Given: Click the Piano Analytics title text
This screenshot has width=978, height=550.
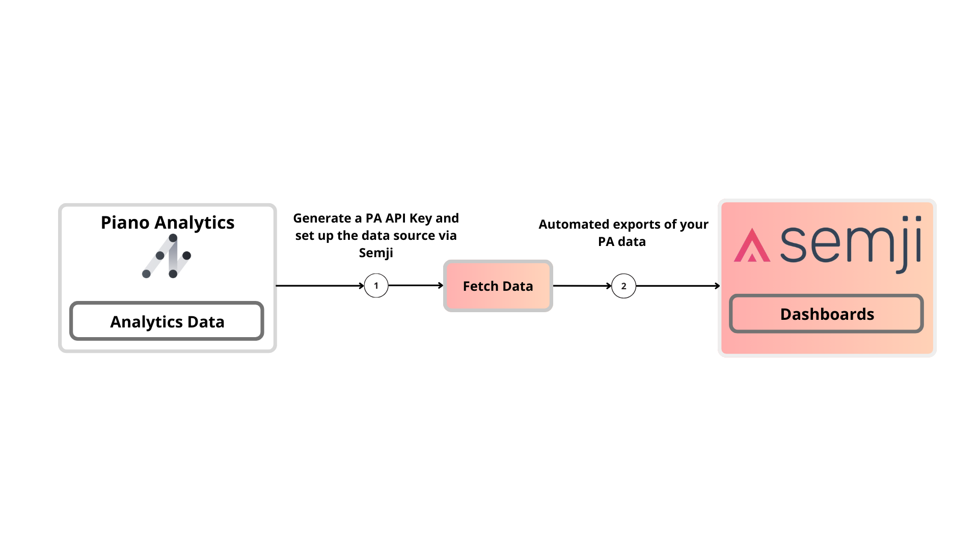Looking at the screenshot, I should click(167, 223).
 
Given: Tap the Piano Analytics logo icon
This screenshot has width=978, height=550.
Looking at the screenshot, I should click(167, 256).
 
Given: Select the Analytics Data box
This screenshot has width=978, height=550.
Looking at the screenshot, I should click(167, 321).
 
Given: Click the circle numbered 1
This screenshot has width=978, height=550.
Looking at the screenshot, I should click(376, 286).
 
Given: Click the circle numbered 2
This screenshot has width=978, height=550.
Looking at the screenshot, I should click(623, 286).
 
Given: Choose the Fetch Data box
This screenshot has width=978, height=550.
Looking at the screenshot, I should click(498, 286).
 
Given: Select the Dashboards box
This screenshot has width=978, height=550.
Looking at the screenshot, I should click(826, 314).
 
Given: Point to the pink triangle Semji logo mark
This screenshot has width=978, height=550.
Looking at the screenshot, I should click(751, 246).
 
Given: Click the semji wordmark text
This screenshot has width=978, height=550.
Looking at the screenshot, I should click(851, 244).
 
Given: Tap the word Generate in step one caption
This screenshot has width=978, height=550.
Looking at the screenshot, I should click(322, 218).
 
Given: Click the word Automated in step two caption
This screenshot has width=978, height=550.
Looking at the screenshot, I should click(574, 225).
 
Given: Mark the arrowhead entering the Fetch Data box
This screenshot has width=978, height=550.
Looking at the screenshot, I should click(441, 286).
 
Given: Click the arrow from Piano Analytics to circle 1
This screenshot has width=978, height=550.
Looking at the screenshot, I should click(318, 286).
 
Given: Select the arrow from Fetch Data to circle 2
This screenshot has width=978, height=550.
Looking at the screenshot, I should click(581, 286).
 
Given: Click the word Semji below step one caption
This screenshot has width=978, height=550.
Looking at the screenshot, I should click(376, 253).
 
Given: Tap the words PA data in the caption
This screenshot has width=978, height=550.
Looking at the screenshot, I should click(621, 242).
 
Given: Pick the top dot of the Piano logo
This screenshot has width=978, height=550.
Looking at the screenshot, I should click(173, 238).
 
